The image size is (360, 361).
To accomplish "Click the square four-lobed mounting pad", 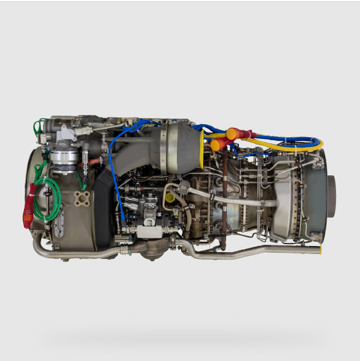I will [x=82, y=199].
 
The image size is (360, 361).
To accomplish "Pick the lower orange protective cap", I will [x=217, y=145].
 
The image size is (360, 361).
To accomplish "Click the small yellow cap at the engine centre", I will [x=169, y=198].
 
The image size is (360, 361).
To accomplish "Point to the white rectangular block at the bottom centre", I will [x=152, y=232].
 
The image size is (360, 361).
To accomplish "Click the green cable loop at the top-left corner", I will [x=39, y=127].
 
